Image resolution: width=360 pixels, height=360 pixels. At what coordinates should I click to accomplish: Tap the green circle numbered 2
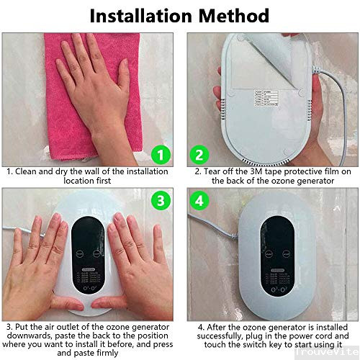point(199,153)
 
